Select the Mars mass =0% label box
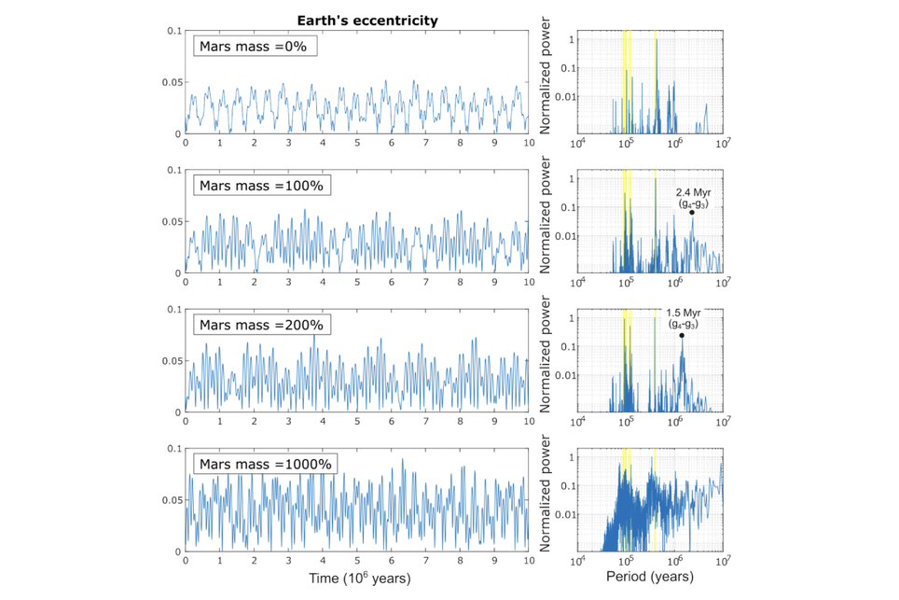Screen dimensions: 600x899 256,47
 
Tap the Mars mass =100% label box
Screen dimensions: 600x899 263,186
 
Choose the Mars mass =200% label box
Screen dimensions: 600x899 263,325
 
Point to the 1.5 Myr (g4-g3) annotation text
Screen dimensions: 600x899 682,317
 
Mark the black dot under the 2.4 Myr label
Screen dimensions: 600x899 693,213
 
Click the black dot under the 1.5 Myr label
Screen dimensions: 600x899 682,336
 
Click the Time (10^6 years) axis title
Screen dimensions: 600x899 356,579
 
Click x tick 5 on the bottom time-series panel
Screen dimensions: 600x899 357,562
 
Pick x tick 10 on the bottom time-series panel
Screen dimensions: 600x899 528,562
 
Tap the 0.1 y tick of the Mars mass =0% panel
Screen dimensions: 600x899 173,32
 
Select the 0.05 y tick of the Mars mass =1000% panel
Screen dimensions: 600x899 170,501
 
